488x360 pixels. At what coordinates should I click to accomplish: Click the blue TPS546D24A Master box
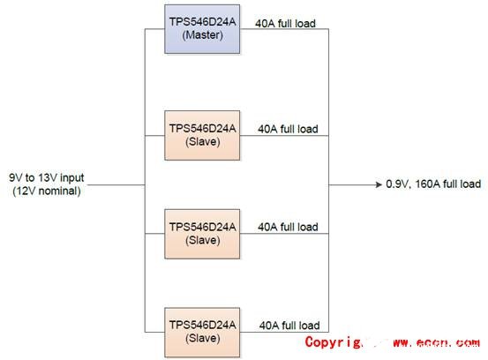click(202, 28)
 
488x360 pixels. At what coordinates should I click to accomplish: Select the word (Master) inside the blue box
click(202, 35)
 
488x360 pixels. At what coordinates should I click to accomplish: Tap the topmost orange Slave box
click(202, 134)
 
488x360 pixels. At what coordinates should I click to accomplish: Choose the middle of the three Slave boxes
click(202, 233)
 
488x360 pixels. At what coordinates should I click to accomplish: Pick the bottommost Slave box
click(202, 331)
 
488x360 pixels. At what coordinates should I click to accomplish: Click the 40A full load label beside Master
click(283, 21)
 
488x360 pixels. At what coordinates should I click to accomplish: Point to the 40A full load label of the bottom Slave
click(288, 326)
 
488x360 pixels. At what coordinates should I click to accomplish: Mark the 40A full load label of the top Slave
click(288, 129)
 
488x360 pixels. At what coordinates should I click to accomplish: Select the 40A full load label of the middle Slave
click(288, 227)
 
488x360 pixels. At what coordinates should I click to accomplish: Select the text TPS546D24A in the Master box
click(202, 21)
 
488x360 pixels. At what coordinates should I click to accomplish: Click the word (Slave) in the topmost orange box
click(202, 141)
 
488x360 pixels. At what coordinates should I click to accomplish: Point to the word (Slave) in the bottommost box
click(202, 338)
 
